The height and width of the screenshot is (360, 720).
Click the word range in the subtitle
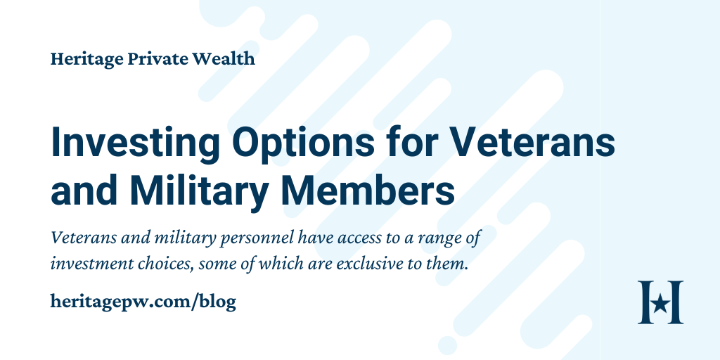pyautogui.click(x=441, y=239)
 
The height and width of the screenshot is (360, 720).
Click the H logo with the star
pyautogui.click(x=660, y=302)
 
